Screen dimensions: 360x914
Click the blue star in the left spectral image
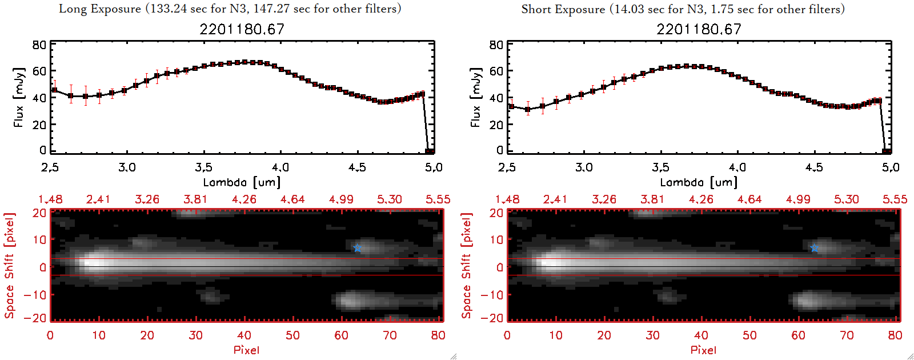(358, 248)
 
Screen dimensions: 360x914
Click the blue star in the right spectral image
(815, 248)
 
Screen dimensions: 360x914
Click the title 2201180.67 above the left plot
(242, 29)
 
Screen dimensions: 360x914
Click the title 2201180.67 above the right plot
(699, 29)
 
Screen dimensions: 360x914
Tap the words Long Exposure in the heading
(100, 9)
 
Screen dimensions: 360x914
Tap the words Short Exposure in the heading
(563, 9)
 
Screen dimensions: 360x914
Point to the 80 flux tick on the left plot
(39, 45)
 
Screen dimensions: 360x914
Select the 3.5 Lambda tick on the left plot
(203, 167)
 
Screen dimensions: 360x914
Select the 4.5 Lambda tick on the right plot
(814, 167)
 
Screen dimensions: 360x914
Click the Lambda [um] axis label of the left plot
(242, 182)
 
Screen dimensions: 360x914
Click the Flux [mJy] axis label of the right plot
(475, 97)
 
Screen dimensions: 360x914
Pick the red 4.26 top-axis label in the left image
(244, 199)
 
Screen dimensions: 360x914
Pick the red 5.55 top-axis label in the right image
(895, 199)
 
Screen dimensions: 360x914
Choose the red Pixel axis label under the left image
(246, 350)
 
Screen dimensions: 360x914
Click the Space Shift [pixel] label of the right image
(467, 266)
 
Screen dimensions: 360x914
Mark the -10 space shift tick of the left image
(35, 294)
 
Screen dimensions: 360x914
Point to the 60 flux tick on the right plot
(496, 71)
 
